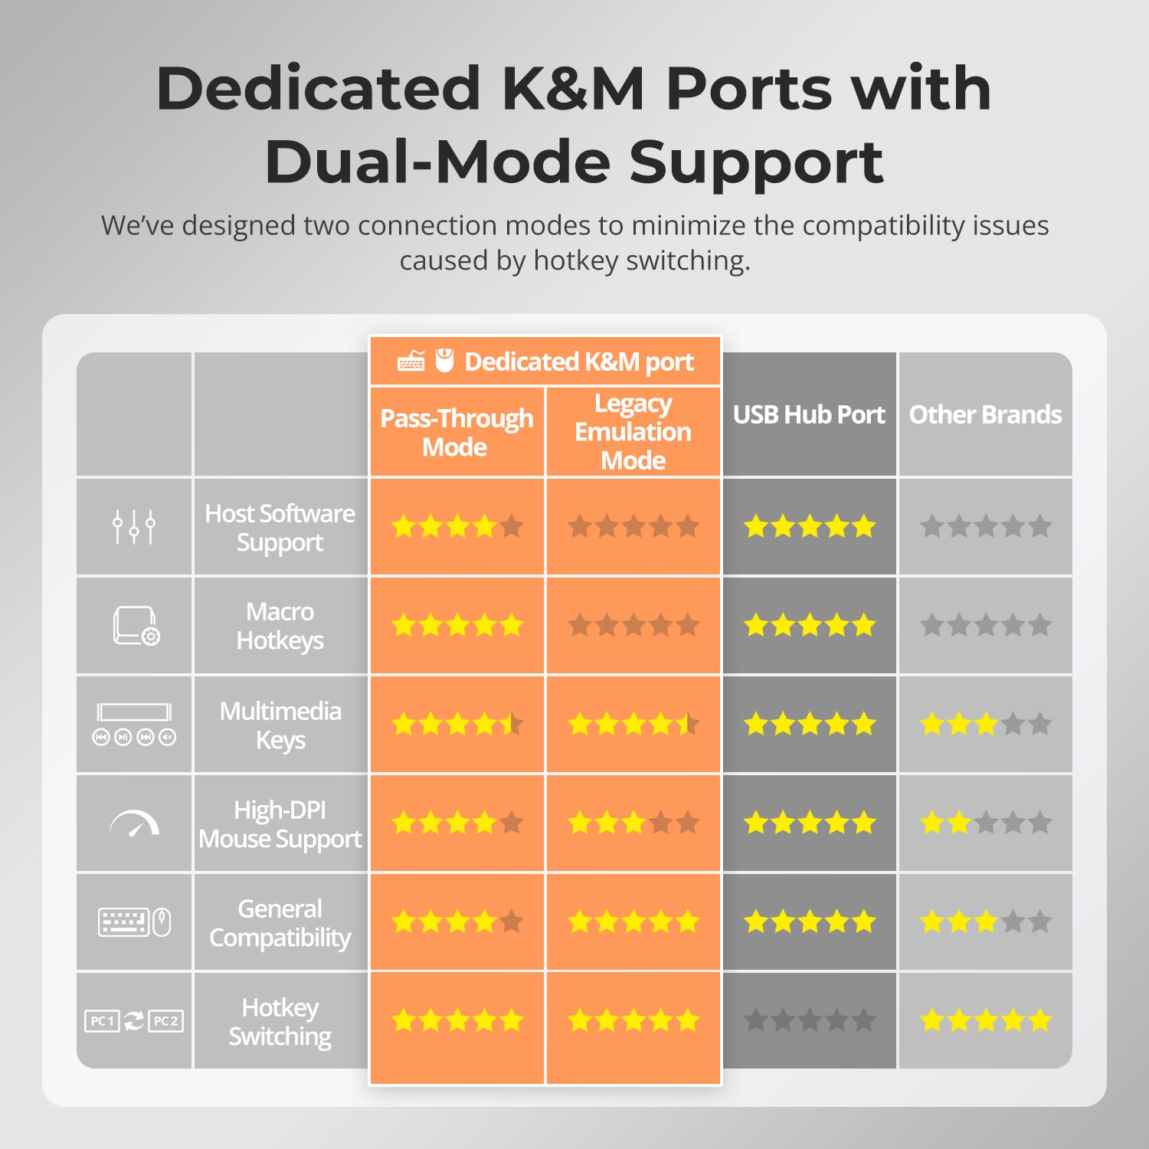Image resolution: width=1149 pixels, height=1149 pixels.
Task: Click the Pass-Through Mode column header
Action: coord(457,433)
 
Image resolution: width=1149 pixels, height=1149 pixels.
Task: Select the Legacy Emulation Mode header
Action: coord(633,431)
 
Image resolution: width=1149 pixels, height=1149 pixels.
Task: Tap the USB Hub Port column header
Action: coord(809,414)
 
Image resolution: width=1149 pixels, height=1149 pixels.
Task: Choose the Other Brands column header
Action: coord(985,414)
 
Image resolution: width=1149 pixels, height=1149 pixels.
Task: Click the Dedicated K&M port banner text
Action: coord(579,362)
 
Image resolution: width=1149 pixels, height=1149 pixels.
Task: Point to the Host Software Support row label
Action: coord(280,528)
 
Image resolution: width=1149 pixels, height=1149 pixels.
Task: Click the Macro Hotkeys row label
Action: coord(280,626)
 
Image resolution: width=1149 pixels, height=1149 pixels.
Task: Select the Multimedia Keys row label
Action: coord(280,725)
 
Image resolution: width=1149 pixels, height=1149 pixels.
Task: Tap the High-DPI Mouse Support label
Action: coord(280,824)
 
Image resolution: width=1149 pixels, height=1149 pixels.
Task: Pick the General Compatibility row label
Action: coord(280,923)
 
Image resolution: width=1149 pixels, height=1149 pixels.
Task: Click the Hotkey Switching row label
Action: coord(280,1022)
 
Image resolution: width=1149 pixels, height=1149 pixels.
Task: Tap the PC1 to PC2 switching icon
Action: coord(134,1020)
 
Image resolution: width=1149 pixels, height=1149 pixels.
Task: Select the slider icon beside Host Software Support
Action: coord(134,527)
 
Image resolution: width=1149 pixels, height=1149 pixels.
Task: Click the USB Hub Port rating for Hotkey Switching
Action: coord(810,1020)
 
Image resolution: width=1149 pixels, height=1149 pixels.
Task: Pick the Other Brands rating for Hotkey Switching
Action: coord(986,1020)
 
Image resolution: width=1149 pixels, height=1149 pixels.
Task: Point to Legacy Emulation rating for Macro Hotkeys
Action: coord(633,625)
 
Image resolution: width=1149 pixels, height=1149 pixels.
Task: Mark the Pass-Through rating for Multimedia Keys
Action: coord(457,724)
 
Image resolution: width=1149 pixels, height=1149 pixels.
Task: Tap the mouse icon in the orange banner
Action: coord(444,360)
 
